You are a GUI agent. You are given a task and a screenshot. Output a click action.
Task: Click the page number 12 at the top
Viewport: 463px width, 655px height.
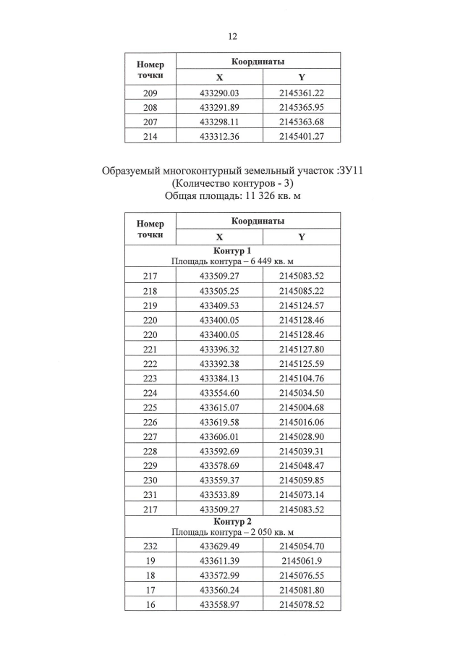pos(232,36)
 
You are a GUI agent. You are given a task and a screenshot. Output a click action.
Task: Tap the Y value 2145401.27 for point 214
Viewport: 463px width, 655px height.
pos(301,135)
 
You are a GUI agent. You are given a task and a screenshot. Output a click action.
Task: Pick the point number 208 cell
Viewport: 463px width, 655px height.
pos(150,107)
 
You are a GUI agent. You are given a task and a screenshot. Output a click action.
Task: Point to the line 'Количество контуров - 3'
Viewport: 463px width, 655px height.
pos(231,184)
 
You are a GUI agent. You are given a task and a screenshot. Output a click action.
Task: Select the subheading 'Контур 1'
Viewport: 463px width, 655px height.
pos(232,251)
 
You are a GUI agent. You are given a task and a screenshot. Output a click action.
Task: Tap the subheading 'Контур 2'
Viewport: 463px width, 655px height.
pos(232,522)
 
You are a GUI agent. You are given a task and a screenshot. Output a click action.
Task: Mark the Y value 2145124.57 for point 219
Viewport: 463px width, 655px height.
pos(301,305)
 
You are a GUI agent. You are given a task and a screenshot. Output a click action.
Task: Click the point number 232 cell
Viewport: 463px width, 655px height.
pos(150,546)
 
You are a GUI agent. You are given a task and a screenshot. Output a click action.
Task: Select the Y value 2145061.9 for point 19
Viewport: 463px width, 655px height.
pos(301,561)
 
